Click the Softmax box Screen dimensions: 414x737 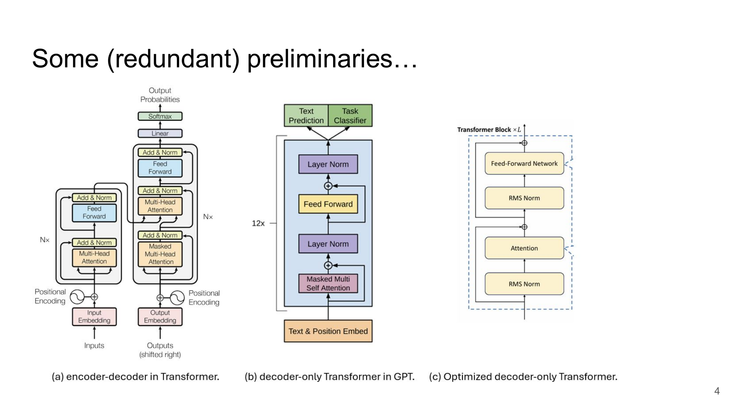click(x=160, y=116)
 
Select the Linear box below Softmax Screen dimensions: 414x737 click(x=160, y=133)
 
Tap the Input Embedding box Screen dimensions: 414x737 click(x=94, y=316)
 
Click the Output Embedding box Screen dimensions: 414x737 click(x=160, y=316)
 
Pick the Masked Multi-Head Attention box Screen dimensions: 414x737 click(x=160, y=254)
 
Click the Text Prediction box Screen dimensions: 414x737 click(x=306, y=116)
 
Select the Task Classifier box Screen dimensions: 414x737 click(x=350, y=116)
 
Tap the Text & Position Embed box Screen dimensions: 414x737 click(x=328, y=331)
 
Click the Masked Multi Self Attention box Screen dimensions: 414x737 click(x=328, y=283)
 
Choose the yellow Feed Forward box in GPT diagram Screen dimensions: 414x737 click(x=328, y=204)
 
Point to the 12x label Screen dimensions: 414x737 click(x=258, y=223)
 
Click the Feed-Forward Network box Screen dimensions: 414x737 click(x=524, y=163)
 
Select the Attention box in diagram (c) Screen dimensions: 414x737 click(x=524, y=248)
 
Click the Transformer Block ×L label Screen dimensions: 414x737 click(x=489, y=130)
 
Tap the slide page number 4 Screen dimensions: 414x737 click(x=717, y=391)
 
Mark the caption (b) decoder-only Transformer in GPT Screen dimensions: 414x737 click(x=329, y=376)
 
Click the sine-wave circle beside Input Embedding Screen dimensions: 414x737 click(x=77, y=297)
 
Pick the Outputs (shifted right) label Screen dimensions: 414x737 click(x=160, y=350)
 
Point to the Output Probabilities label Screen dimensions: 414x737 click(x=160, y=95)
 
